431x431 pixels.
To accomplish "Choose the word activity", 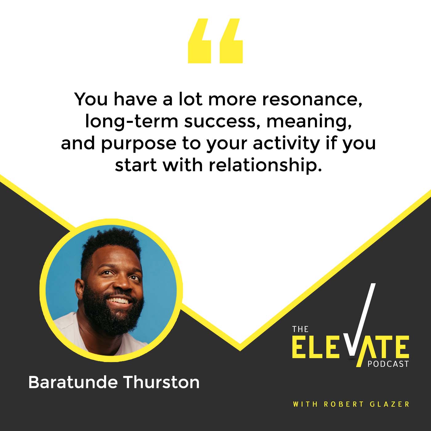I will coord(286,144).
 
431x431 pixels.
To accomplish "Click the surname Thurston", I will coord(162,382).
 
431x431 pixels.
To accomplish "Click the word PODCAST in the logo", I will coord(388,364).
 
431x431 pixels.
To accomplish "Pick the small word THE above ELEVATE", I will coord(300,329).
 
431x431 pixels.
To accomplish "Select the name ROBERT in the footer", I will coord(340,404).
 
